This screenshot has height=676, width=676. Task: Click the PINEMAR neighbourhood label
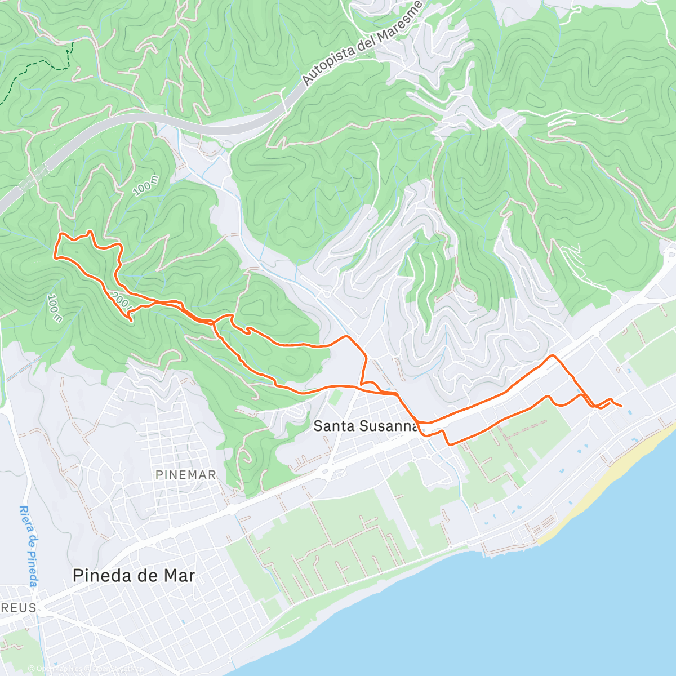186,475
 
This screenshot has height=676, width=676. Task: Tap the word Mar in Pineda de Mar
179,575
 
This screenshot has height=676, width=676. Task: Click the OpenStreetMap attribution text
118,669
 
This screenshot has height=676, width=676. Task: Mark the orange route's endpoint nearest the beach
621,406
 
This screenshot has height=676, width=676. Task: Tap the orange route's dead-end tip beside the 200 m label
131,321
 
